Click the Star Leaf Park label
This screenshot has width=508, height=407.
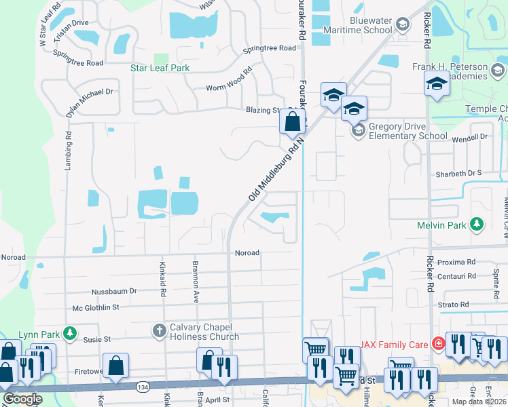pos(160,68)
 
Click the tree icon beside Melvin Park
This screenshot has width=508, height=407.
pos(477,223)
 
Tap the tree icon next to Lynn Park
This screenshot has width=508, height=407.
pos(69,333)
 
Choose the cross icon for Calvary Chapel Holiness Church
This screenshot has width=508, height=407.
pos(159,331)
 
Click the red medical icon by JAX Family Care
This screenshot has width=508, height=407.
pos(439,344)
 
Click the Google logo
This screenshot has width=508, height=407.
pos(22,399)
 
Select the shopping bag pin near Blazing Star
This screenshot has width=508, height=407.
pos(292,122)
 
